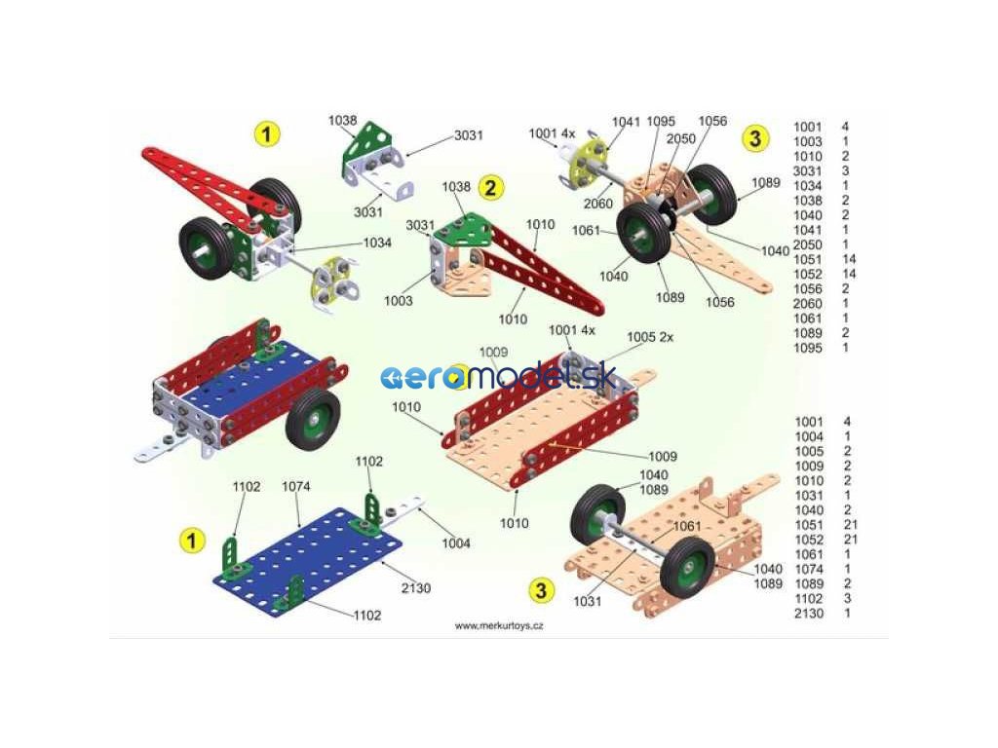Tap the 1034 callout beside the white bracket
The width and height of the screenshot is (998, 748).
[377, 243]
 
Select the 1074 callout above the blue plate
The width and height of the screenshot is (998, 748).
[296, 486]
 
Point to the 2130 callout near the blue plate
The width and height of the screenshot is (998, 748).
[415, 587]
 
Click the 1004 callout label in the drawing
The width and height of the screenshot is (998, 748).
[455, 542]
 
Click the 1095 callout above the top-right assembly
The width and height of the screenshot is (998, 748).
[661, 122]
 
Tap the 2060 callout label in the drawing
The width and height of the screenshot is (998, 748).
[598, 203]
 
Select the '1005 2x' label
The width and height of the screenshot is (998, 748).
[649, 336]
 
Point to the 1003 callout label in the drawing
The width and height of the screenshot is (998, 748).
[398, 301]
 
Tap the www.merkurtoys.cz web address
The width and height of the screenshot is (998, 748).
[499, 626]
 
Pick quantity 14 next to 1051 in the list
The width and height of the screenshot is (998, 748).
[849, 259]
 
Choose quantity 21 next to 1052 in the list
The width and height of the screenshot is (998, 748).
[849, 540]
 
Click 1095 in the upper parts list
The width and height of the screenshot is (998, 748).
[808, 348]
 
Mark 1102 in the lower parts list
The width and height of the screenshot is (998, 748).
[809, 598]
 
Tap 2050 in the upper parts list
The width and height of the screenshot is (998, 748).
[808, 244]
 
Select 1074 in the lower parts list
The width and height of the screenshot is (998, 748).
[809, 569]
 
